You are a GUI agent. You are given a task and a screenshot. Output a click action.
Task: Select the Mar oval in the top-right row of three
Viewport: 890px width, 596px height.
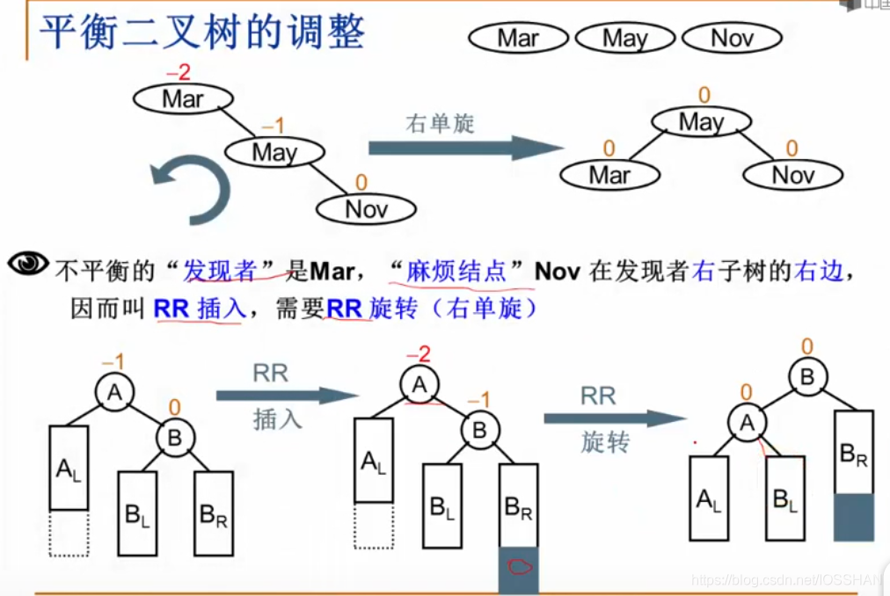[x=518, y=38]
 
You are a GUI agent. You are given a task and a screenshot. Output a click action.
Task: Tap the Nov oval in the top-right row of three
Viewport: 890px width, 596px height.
[x=732, y=38]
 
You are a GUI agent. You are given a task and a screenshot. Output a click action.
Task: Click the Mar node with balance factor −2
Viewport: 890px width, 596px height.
[x=182, y=99]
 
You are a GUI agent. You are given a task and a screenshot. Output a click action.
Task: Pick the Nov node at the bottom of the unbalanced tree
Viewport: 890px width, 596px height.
[x=366, y=208]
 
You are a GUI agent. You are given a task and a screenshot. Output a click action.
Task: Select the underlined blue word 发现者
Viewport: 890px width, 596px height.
[x=220, y=271]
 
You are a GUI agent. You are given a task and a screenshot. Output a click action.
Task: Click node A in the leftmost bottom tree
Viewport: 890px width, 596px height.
[x=114, y=394]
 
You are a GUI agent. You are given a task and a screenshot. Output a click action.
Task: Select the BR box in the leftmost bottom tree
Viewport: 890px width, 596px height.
[x=214, y=513]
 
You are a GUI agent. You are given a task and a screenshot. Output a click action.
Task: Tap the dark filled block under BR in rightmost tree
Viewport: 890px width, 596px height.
[x=854, y=517]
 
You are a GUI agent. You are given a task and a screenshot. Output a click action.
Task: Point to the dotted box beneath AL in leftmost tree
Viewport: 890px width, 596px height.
[x=69, y=533]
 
